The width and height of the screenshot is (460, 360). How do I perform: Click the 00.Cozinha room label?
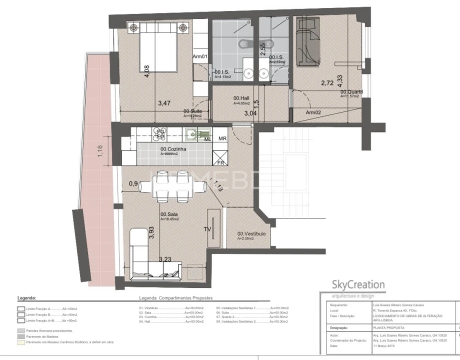click(173, 149)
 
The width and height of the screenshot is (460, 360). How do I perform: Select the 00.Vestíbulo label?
click(251, 233)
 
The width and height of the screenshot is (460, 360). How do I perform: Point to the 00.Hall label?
click(241, 98)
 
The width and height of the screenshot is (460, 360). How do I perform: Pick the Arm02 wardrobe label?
click(313, 113)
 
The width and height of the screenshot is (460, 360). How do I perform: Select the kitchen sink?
click(193, 133)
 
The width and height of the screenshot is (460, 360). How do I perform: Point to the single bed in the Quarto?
click(307, 40)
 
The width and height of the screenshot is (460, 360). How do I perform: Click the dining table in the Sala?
click(172, 186)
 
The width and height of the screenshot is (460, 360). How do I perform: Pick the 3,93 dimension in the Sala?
click(151, 233)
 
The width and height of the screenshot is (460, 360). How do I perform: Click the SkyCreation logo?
click(358, 285)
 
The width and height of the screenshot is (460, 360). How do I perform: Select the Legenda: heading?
click(26, 297)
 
